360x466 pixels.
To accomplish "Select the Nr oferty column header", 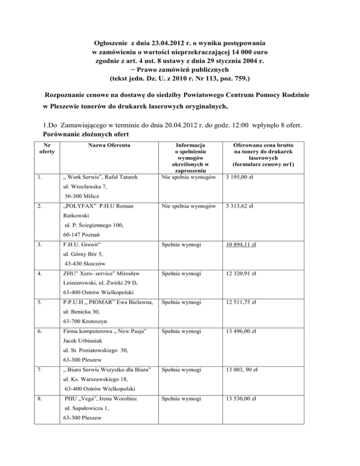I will [x=46, y=150].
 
